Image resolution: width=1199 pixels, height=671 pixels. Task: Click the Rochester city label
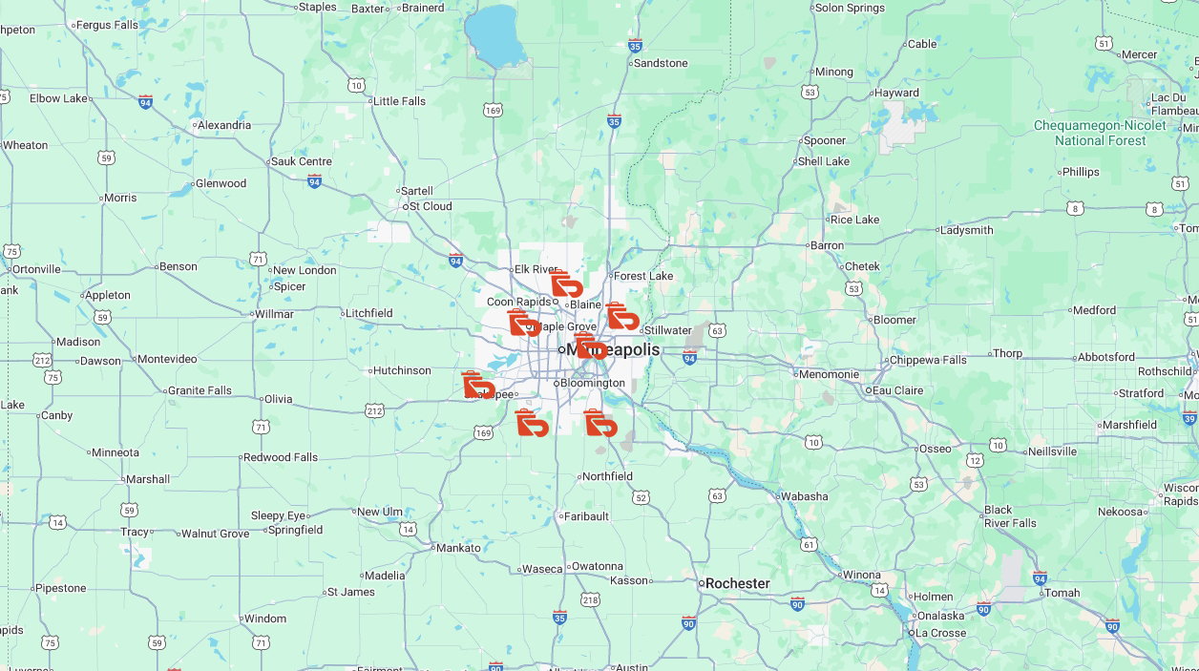(737, 583)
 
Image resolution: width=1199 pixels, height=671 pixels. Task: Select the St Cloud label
(430, 206)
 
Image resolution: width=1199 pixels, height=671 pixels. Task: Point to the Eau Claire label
(897, 390)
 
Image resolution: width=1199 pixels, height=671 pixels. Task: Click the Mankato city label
(458, 548)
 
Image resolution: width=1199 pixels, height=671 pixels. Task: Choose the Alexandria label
(224, 125)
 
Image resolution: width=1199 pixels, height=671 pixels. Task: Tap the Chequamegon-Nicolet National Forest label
(1100, 133)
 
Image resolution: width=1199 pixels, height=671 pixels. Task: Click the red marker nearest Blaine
(566, 284)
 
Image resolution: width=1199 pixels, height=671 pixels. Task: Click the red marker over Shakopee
(477, 385)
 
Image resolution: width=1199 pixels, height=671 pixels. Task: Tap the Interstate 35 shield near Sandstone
(636, 45)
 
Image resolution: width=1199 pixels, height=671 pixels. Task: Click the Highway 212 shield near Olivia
(374, 411)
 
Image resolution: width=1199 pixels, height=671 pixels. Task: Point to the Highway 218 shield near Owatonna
(590, 599)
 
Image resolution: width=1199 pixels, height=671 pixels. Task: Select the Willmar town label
(274, 314)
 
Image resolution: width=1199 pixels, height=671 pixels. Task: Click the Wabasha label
(804, 496)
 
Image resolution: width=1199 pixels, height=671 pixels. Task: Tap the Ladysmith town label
(966, 230)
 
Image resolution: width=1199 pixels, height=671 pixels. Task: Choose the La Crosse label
(940, 633)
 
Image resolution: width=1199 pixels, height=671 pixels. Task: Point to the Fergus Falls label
(108, 25)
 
